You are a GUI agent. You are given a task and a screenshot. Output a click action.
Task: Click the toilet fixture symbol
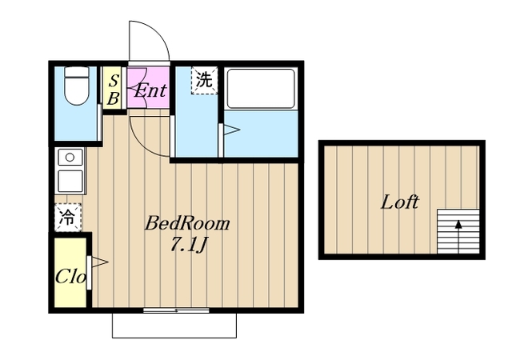77,86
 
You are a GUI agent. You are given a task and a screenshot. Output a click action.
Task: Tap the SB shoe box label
113,90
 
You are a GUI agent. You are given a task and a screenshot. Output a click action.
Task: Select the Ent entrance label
150,90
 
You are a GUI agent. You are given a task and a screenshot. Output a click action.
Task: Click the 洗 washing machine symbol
204,80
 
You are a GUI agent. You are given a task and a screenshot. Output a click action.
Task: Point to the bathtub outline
261,88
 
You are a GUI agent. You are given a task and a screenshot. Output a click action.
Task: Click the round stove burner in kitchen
70,158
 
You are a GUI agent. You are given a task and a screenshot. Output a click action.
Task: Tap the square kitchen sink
70,181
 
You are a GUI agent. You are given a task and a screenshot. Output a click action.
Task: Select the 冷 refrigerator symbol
67,218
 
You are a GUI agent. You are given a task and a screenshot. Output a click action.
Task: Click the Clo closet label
70,277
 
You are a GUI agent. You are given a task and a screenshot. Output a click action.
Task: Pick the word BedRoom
187,224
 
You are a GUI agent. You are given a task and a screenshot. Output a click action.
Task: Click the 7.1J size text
188,245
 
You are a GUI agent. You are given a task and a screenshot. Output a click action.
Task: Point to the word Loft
400,202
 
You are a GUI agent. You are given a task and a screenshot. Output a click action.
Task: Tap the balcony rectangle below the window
174,326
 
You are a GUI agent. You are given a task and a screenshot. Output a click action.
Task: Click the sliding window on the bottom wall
176,310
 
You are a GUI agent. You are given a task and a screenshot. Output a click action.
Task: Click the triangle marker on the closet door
99,262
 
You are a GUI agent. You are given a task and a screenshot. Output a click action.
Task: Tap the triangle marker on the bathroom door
231,130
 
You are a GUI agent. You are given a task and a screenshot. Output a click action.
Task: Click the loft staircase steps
458,232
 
